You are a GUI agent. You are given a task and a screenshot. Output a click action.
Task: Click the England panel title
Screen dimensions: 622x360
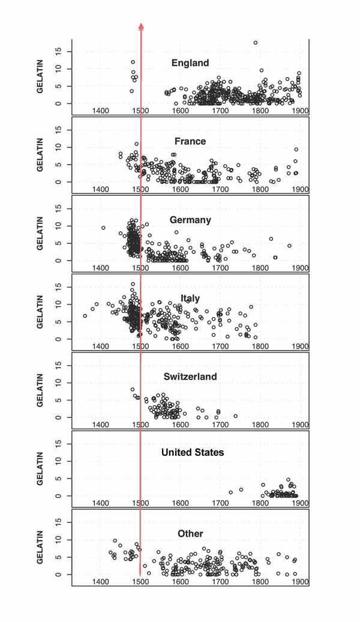[190, 63]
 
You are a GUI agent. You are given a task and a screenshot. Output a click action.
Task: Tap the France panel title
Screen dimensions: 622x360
[190, 142]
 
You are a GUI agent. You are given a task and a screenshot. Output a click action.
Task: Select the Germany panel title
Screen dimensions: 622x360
[190, 220]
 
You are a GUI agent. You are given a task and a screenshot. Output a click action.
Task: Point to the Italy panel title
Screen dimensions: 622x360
[190, 298]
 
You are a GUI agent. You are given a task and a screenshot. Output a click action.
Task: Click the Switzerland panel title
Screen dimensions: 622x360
[190, 377]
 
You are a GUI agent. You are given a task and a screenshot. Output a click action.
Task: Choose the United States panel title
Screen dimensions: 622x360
[193, 452]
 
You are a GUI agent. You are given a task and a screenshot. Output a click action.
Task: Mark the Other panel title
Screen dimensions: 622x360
[190, 534]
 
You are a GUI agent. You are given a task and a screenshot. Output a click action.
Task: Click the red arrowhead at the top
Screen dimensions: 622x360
[141, 26]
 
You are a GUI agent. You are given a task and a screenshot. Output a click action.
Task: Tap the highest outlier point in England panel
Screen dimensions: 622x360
[255, 43]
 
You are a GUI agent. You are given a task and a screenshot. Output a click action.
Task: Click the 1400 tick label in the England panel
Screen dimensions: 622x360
[100, 111]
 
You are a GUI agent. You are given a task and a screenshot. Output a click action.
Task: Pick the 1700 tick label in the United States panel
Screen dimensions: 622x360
[220, 504]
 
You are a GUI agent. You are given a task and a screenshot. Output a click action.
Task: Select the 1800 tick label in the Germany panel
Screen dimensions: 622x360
[260, 268]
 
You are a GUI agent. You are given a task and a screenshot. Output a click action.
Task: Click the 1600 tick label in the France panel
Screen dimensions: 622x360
[180, 189]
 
